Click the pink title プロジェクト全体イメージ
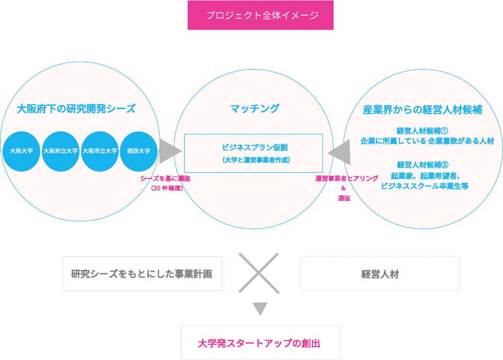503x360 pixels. click(x=260, y=15)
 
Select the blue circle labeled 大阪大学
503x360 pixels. click(x=21, y=151)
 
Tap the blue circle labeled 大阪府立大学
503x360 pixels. click(x=60, y=151)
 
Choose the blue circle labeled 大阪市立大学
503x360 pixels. click(x=99, y=151)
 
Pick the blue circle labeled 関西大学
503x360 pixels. click(x=139, y=151)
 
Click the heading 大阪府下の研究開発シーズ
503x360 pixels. click(x=76, y=109)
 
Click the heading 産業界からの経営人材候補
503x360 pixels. click(x=422, y=109)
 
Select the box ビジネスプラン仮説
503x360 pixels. click(x=254, y=153)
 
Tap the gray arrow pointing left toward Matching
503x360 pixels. click(x=339, y=151)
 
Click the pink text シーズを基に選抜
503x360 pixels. click(x=165, y=178)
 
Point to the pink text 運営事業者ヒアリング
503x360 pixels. click(x=347, y=178)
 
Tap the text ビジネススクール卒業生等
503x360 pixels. click(x=425, y=186)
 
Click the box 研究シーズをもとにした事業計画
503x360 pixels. click(x=142, y=273)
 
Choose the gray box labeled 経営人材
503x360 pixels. click(x=380, y=273)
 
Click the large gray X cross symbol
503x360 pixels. click(x=259, y=273)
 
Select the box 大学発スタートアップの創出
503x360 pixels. click(x=260, y=343)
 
